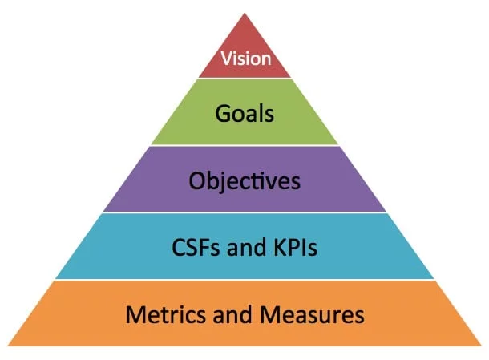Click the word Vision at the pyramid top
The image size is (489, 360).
pyautogui.click(x=245, y=58)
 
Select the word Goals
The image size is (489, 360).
pyautogui.click(x=244, y=113)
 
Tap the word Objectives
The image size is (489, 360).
pyautogui.click(x=244, y=180)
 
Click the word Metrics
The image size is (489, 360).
pyautogui.click(x=164, y=314)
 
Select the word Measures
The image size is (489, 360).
pyautogui.click(x=317, y=314)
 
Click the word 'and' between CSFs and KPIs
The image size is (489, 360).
pyautogui.click(x=246, y=248)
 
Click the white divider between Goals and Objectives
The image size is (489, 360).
pyautogui.click(x=244, y=146)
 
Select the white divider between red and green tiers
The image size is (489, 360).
pyautogui.click(x=245, y=79)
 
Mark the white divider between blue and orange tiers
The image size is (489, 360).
pyautogui.click(x=244, y=280)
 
